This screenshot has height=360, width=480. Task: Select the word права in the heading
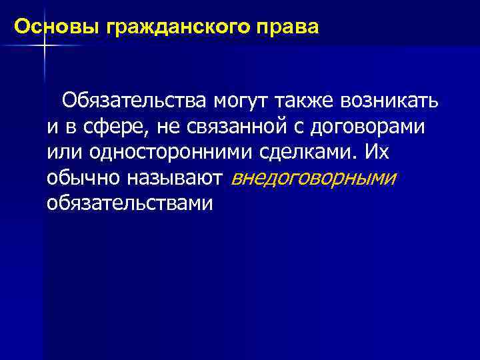coord(291,28)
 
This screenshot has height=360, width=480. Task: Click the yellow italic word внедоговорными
coord(313,178)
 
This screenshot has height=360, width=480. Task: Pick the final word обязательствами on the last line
coord(130,203)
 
